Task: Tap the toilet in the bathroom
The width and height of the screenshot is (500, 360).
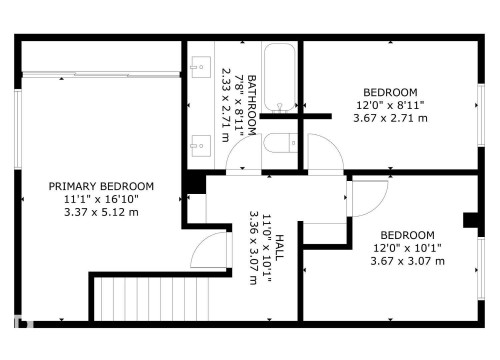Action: pos(281,143)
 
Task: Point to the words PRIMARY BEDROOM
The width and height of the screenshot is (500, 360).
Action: pos(102,186)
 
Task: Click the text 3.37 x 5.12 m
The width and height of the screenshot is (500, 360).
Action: pos(102,212)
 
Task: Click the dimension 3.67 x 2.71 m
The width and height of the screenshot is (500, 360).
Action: pos(390,118)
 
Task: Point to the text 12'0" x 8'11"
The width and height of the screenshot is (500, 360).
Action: pos(390,104)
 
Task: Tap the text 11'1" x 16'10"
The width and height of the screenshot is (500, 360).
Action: pos(102,199)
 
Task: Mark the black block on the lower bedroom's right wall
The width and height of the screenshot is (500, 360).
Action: pos(469,221)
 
